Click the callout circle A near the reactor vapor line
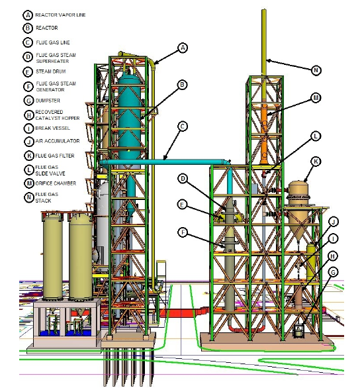[x=183, y=48]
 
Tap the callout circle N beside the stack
[x=316, y=70]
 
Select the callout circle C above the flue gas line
[x=183, y=126]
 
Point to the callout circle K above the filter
[x=316, y=162]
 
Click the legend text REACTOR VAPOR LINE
[x=60, y=15]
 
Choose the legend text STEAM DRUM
[x=51, y=72]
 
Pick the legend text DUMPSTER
[x=48, y=101]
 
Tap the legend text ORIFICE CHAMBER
[x=56, y=183]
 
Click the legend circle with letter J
[x=29, y=142]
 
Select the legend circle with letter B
[x=28, y=28]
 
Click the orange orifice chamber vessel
[x=264, y=134]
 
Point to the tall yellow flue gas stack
[x=264, y=42]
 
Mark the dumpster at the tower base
[x=299, y=331]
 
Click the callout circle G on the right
[x=333, y=272]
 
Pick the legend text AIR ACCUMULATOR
[x=58, y=141]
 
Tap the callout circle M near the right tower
[x=316, y=98]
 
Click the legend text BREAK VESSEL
[x=52, y=128]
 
